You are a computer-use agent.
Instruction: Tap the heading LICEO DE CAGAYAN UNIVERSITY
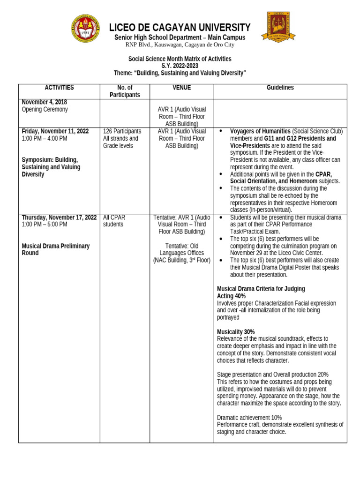click(180, 28)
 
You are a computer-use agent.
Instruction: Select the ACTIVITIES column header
click(59, 88)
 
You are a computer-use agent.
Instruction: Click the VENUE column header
click(181, 88)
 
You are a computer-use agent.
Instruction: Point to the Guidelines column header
click(280, 88)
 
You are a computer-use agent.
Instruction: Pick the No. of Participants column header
click(125, 91)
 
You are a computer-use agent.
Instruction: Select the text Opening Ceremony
click(45, 109)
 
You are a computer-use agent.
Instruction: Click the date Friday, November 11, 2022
click(55, 131)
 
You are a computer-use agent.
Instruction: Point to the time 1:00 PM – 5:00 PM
click(45, 225)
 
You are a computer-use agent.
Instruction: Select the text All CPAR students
click(114, 221)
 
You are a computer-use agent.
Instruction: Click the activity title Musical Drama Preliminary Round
click(56, 249)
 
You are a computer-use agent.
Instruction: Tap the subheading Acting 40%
click(231, 296)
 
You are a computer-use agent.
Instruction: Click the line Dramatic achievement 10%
click(249, 417)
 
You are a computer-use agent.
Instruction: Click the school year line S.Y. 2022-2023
click(180, 66)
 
